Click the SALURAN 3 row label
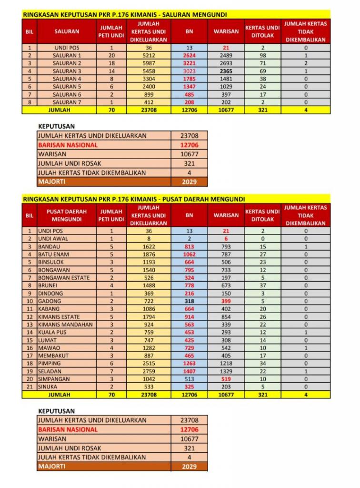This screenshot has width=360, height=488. click(x=67, y=71)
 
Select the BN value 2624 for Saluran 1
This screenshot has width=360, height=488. click(x=189, y=55)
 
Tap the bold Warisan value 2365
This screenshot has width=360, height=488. click(x=226, y=71)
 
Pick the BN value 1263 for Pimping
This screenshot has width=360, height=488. click(x=189, y=363)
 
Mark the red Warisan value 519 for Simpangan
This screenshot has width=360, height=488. click(x=226, y=379)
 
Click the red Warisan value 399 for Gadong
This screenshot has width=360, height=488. click(x=226, y=301)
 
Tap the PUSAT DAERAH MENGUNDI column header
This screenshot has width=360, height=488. click(x=66, y=215)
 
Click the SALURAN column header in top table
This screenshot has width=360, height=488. click(x=67, y=31)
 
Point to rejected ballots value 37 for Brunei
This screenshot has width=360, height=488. click(x=262, y=285)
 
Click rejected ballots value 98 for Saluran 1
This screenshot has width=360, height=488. click(x=262, y=55)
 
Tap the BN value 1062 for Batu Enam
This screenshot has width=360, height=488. click(x=189, y=254)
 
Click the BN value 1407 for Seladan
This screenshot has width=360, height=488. click(x=189, y=371)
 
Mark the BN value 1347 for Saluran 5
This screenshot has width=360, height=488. click(x=189, y=87)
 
